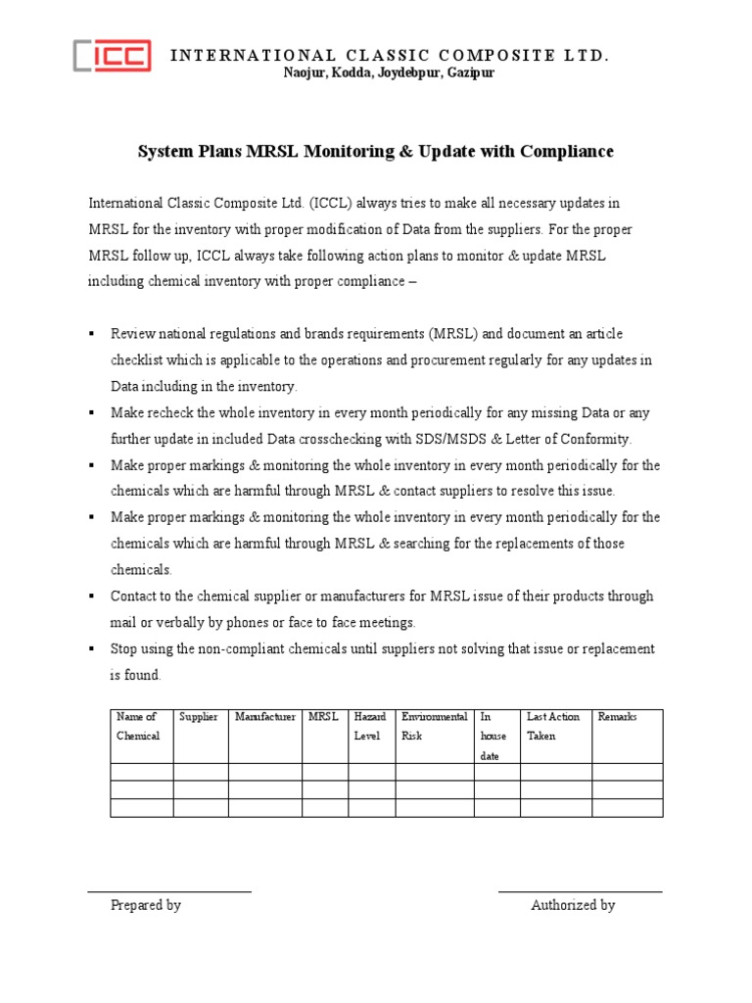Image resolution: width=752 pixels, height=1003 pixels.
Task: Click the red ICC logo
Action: [113, 55]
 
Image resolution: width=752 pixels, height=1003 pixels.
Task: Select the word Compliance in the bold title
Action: [566, 152]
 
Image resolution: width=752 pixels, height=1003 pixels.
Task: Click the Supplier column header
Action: [199, 717]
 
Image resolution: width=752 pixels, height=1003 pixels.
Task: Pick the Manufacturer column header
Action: [264, 717]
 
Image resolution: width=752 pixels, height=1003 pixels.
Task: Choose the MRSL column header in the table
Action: [323, 717]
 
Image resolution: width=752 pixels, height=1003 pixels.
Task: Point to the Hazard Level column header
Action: [370, 726]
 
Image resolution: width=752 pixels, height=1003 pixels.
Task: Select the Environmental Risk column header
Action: [434, 726]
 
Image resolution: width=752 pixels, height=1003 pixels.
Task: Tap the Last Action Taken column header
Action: [553, 726]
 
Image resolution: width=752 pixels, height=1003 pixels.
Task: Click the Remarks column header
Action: [617, 717]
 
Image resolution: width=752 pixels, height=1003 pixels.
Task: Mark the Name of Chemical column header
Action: [138, 726]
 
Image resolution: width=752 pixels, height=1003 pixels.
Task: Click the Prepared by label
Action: [146, 906]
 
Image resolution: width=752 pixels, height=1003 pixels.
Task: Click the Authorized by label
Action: [573, 906]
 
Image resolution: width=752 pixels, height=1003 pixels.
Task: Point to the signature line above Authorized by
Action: [580, 892]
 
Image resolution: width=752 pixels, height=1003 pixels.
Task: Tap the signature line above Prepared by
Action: [169, 892]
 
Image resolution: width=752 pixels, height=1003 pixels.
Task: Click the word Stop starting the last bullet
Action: [124, 649]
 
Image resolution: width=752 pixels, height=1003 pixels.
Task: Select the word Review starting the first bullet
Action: [131, 334]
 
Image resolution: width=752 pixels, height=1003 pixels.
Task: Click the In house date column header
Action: [493, 736]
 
